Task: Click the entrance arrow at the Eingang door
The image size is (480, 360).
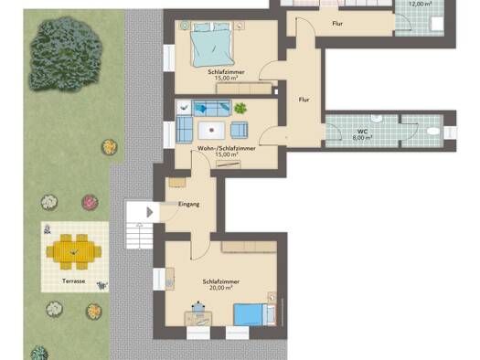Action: click(x=149, y=212)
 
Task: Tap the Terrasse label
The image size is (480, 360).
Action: click(x=74, y=281)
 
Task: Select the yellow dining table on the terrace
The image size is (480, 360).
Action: click(x=74, y=251)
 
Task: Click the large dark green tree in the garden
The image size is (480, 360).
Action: click(x=65, y=54)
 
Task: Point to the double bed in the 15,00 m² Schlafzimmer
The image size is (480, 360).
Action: click(x=212, y=45)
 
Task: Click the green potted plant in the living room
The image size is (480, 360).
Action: click(x=240, y=109)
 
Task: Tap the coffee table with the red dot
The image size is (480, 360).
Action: click(x=211, y=131)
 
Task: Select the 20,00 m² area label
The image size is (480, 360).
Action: click(x=220, y=288)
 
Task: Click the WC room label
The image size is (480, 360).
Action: click(x=362, y=132)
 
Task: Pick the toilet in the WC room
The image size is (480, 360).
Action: click(x=433, y=132)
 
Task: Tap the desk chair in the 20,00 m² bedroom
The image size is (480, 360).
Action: click(x=198, y=307)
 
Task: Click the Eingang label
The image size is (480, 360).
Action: click(x=189, y=204)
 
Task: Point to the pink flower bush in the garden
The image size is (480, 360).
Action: click(x=90, y=203)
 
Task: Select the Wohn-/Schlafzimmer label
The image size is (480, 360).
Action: click(x=227, y=148)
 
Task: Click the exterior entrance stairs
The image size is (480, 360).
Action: click(x=140, y=236)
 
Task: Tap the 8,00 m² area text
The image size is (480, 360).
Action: click(x=362, y=138)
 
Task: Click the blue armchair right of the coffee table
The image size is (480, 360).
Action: click(x=239, y=130)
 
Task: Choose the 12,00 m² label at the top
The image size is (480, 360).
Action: click(x=421, y=4)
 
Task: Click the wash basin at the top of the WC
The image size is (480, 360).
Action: click(x=377, y=119)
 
